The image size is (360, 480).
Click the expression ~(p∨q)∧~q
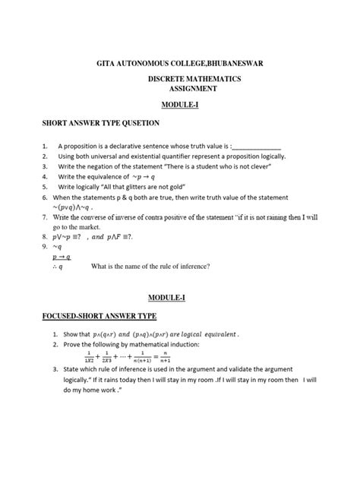(72, 207)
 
